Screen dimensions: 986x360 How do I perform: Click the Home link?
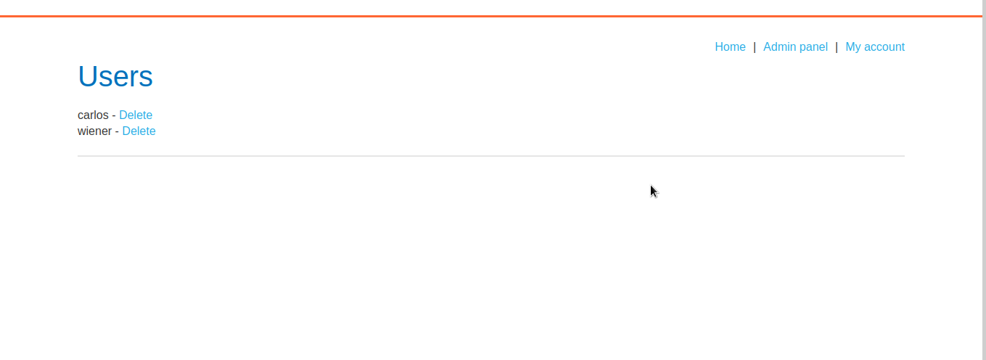coord(730,47)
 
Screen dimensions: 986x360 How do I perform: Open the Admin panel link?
coord(795,47)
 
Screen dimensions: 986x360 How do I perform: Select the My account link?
coord(875,47)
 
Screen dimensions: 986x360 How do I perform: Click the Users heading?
coord(115,76)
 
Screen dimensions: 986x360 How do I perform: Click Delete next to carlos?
coord(136,115)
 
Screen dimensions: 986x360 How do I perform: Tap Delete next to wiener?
coord(139,131)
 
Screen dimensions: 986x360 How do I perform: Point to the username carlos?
coord(93,115)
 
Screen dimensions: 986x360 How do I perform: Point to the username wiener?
coord(94,131)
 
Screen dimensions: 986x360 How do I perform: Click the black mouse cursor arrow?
coord(653,191)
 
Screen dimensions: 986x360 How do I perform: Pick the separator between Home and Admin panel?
coord(755,47)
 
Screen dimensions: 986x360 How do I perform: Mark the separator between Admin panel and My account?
coord(837,47)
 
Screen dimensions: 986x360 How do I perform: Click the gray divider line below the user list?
coord(490,156)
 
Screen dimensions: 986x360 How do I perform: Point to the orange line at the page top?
coord(490,16)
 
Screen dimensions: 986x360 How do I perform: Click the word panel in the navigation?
coord(813,47)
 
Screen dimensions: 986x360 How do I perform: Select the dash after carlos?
coord(114,115)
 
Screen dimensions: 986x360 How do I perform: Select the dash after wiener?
coord(117,131)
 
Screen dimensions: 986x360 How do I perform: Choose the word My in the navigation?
coord(853,47)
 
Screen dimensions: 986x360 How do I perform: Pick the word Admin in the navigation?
coord(779,47)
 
